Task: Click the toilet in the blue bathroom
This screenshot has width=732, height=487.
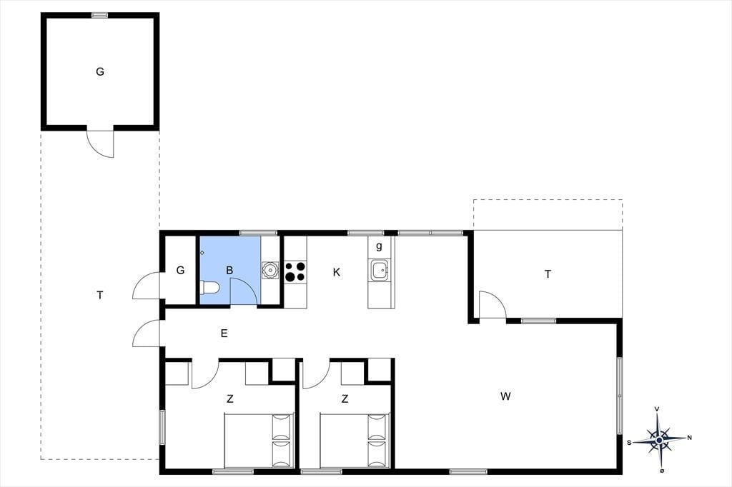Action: click(209, 288)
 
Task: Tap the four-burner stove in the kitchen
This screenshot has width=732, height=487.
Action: click(295, 271)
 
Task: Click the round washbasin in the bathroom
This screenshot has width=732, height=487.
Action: click(269, 271)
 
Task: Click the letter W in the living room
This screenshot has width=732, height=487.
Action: click(505, 396)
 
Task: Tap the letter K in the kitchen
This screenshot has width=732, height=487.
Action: click(337, 273)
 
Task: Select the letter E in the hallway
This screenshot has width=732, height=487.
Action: click(224, 333)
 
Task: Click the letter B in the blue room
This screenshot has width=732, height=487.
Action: click(229, 270)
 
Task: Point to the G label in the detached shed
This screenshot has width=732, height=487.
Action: click(100, 72)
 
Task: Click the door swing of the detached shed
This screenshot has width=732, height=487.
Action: click(100, 144)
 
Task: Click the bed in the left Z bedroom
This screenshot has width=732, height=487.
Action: click(259, 441)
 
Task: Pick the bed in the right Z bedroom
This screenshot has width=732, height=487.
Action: click(355, 441)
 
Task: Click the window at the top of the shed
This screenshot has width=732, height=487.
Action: click(100, 15)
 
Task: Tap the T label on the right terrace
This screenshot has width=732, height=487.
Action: click(548, 274)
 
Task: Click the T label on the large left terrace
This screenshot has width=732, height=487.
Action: click(100, 295)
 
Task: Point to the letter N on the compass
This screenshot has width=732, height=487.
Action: click(690, 438)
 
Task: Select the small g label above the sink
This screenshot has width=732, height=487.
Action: click(379, 246)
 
